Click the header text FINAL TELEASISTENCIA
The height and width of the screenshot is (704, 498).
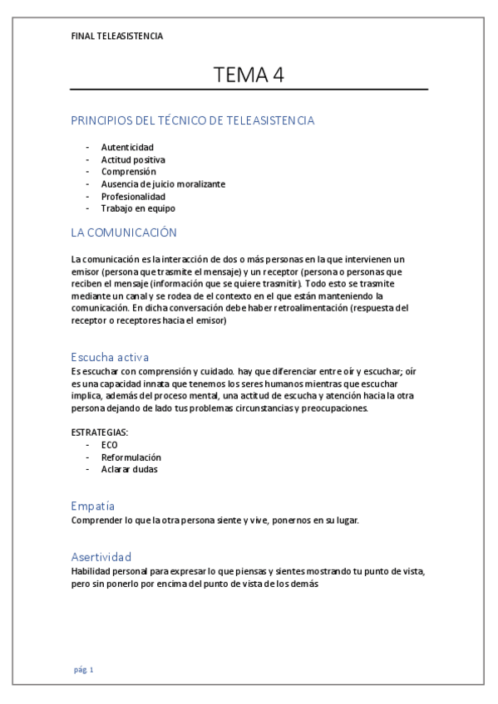117,37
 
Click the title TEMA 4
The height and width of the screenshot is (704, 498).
249,74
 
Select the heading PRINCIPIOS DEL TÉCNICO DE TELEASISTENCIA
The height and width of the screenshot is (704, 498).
193,120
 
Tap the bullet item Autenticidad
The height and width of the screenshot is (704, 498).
127,147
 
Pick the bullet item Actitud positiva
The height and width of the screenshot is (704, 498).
133,159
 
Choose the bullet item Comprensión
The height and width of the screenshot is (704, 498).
129,172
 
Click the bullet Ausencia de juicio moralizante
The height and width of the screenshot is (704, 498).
163,184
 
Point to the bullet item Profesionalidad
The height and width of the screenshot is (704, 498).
133,197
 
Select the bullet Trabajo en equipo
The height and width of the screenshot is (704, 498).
138,209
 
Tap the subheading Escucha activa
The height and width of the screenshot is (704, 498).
110,358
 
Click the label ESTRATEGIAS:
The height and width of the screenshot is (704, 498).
100,433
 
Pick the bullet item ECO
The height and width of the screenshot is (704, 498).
110,446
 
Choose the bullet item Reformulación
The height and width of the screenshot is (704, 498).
131,457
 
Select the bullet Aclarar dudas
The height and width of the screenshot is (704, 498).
130,470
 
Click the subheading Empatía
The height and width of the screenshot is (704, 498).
93,506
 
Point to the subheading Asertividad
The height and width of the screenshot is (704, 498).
101,556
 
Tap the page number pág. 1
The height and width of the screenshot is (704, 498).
84,670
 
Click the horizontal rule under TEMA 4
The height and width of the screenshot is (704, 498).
249,89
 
